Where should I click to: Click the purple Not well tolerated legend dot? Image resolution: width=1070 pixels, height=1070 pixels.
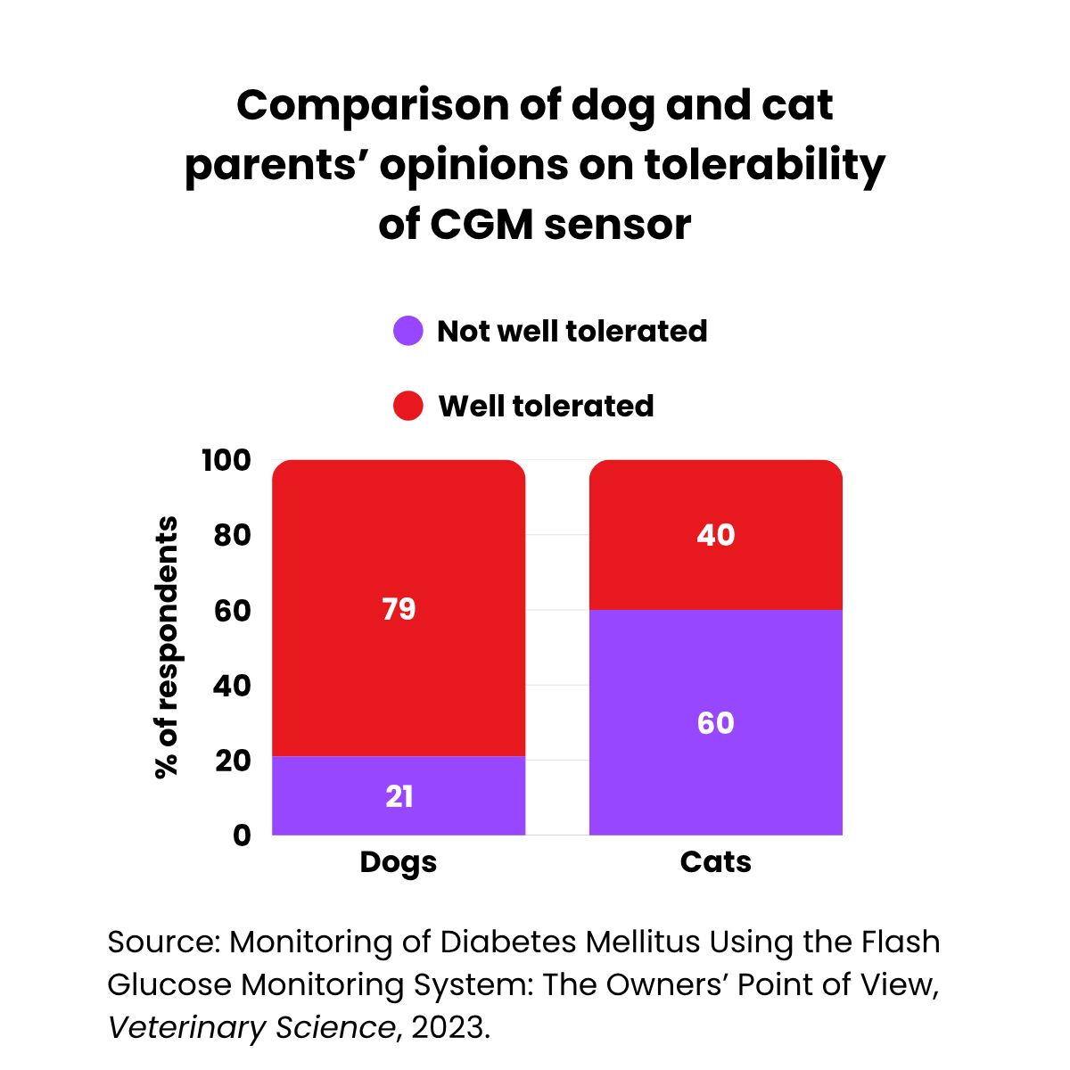[x=408, y=331]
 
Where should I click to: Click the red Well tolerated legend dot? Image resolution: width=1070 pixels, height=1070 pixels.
[x=408, y=406]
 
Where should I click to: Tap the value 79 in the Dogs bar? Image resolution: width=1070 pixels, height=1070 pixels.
[x=399, y=609]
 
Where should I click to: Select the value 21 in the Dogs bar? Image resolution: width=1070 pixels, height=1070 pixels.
[x=399, y=796]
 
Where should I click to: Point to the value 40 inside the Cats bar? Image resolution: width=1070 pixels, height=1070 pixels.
[x=716, y=535]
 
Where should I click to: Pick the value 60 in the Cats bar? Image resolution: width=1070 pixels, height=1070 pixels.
[x=716, y=722]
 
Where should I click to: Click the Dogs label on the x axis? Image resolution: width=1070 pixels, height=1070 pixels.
[x=399, y=862]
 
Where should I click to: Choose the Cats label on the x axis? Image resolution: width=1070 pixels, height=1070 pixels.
[x=716, y=862]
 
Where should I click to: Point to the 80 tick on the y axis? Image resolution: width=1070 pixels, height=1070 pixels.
[x=233, y=535]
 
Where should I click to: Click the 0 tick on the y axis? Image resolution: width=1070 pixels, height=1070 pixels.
[x=242, y=835]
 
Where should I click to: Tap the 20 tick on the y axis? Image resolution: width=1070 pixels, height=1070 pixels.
[x=233, y=761]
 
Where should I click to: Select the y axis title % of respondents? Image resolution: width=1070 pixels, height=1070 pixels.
[x=167, y=647]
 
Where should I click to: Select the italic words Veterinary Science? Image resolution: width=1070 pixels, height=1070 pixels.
[x=251, y=1027]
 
